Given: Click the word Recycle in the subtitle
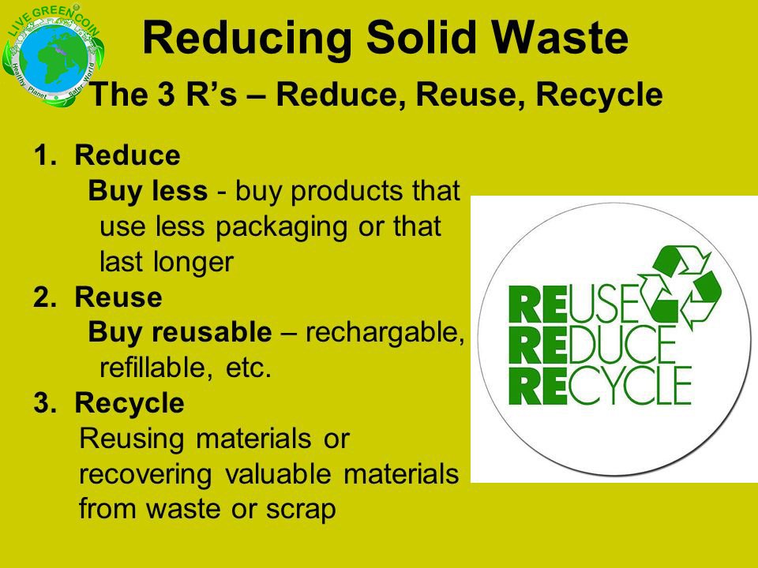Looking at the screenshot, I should tap(599, 96).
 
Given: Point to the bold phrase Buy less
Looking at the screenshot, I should tap(148, 191).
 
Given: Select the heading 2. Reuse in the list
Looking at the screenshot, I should tap(98, 297).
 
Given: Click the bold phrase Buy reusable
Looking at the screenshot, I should tap(179, 333).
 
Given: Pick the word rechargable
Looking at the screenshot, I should tap(382, 333).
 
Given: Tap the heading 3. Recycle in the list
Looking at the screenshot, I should tap(109, 403).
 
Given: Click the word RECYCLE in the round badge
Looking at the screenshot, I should tap(600, 388).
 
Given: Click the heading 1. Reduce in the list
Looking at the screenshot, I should tap(107, 155).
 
